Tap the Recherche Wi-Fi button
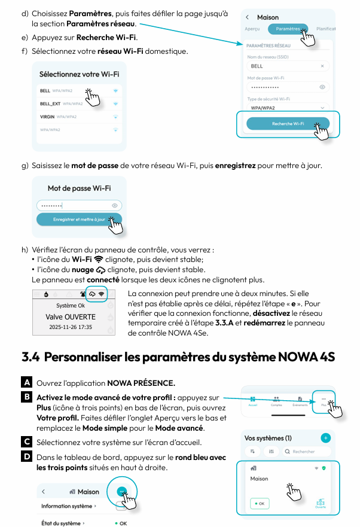[x=288, y=123]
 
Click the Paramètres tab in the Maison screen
[x=288, y=28]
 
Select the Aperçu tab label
[x=252, y=28]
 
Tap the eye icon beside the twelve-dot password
[x=322, y=87]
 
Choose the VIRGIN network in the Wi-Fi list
[x=47, y=117]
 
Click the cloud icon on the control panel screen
[x=91, y=294]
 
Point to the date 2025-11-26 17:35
[x=71, y=328]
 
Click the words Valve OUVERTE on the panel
[x=71, y=316]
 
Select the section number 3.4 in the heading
[x=30, y=358]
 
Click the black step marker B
[x=27, y=397]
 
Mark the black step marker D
[x=27, y=457]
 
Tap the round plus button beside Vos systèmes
[x=325, y=438]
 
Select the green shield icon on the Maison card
[x=324, y=468]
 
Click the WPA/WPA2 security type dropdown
[x=288, y=108]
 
